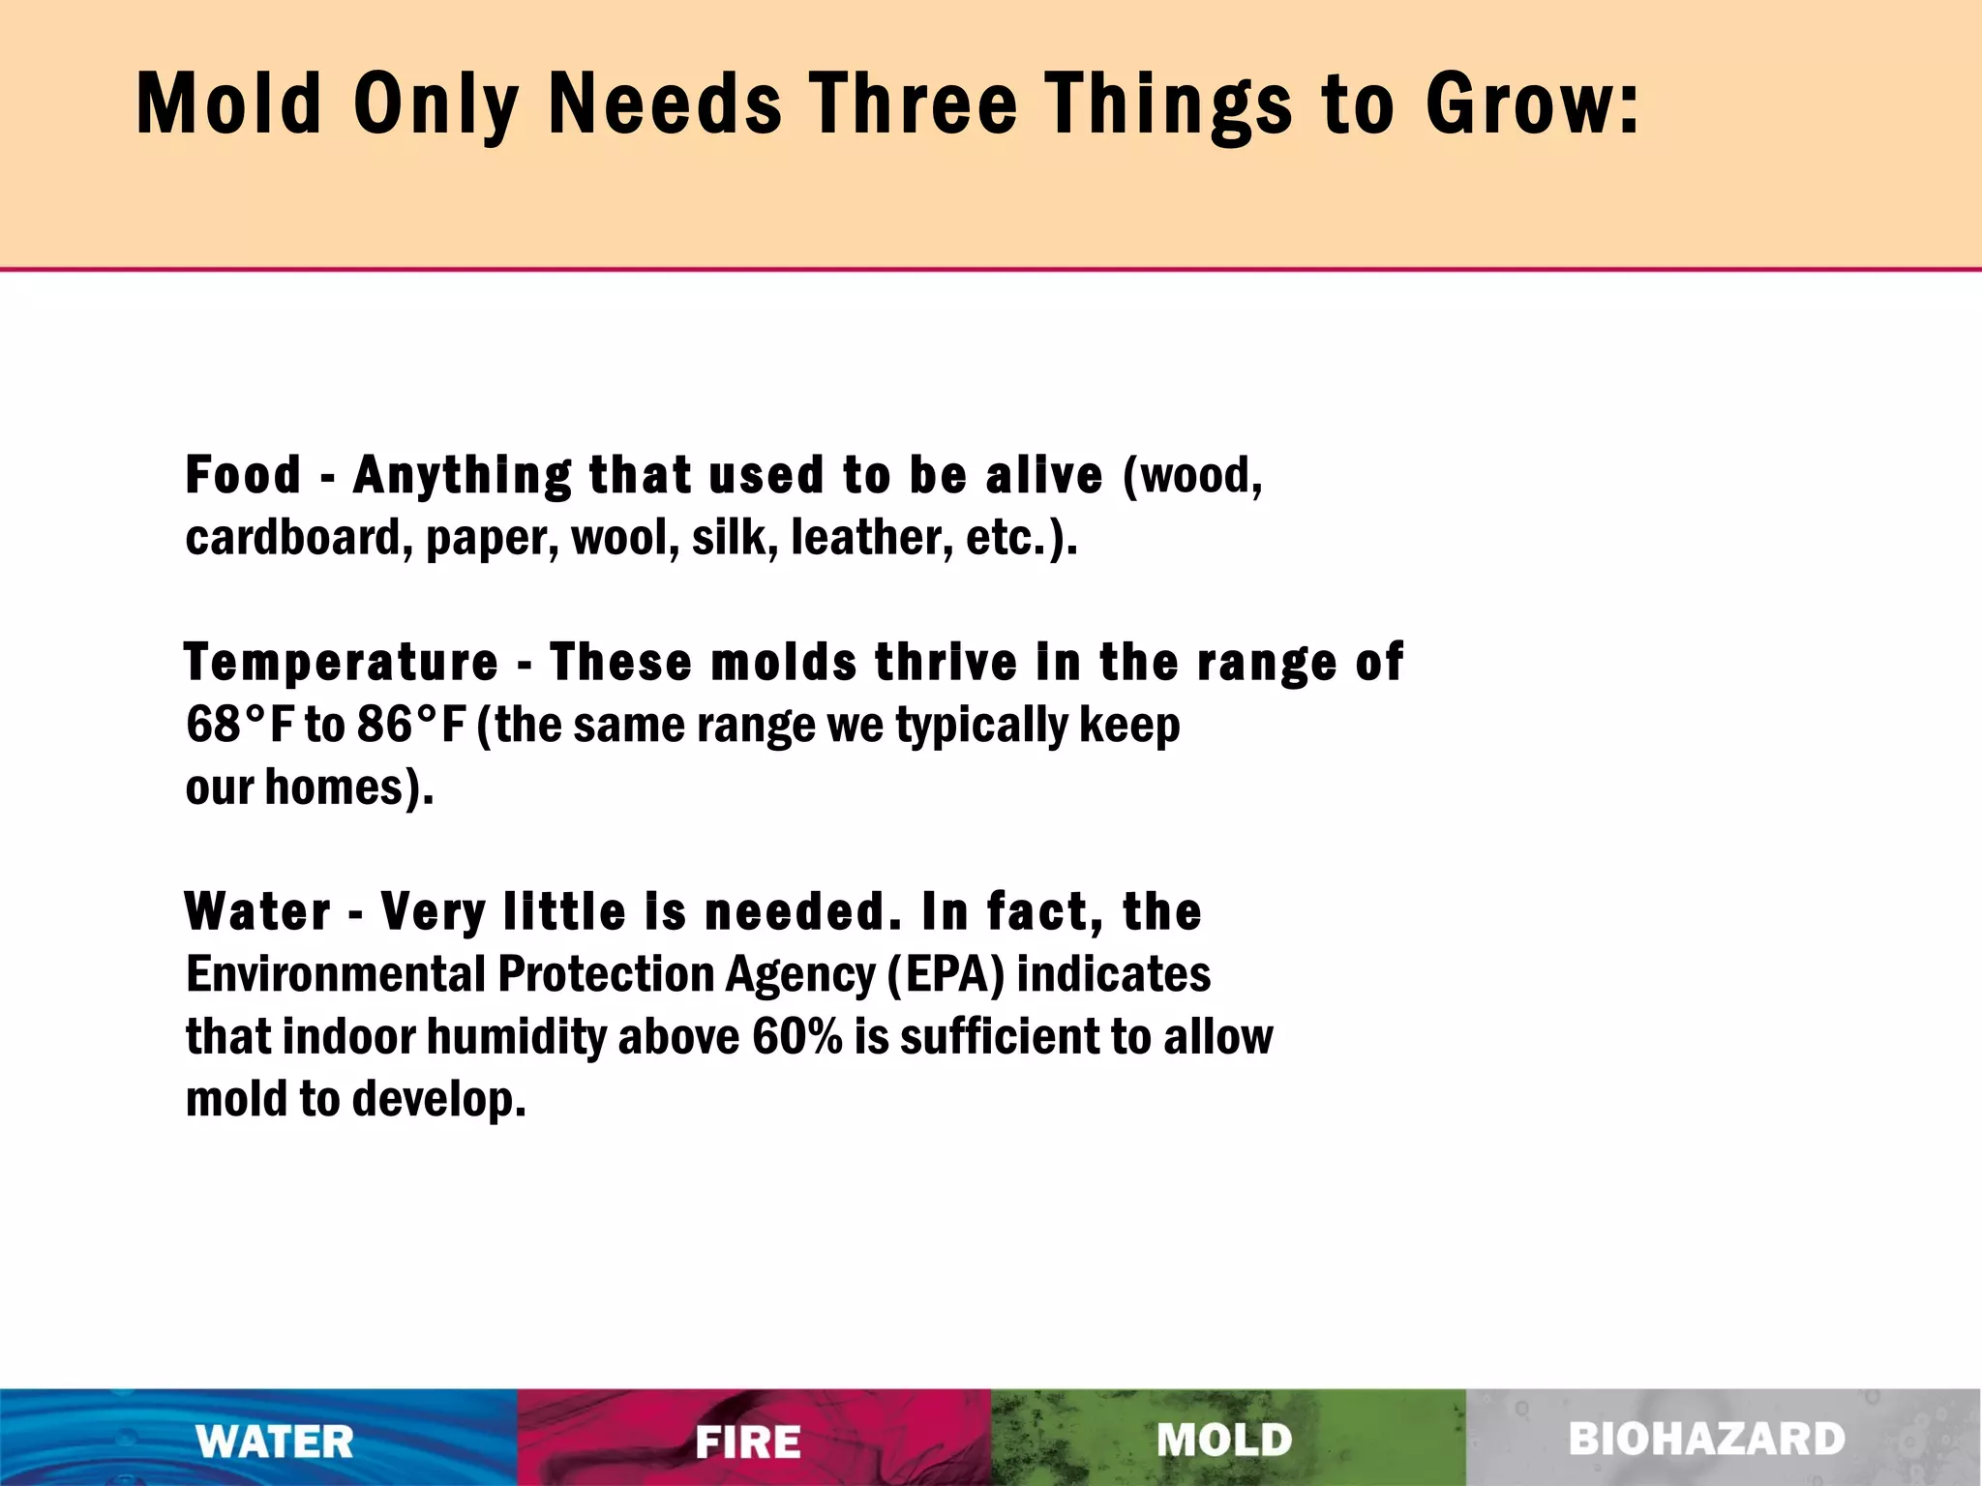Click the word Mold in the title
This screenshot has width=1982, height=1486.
tap(228, 104)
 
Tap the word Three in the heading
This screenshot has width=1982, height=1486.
tap(915, 104)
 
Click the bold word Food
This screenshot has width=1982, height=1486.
tap(243, 475)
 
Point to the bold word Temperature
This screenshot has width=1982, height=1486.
tap(342, 664)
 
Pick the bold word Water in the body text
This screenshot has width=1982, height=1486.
tap(257, 912)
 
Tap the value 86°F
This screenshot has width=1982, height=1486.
tap(411, 725)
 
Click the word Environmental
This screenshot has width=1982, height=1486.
tap(335, 974)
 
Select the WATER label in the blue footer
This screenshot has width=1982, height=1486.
tap(275, 1441)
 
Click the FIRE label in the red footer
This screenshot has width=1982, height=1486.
tap(748, 1441)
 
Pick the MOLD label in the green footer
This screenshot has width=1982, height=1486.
tap(1225, 1441)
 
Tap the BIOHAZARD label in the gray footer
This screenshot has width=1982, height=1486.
tap(1707, 1440)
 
